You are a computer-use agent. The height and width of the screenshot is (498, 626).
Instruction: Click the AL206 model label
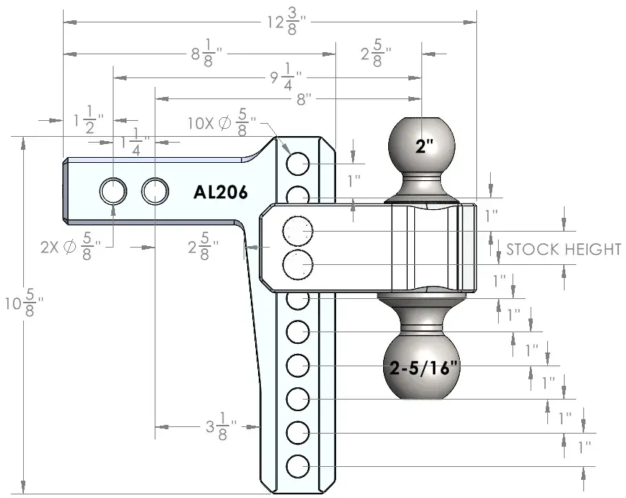[220, 193]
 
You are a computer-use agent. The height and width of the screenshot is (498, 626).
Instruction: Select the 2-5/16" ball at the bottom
[421, 366]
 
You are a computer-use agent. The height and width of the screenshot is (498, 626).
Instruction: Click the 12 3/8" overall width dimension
[286, 22]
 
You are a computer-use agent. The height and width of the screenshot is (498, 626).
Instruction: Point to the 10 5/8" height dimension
[24, 303]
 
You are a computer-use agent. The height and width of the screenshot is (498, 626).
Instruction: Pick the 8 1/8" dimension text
[207, 53]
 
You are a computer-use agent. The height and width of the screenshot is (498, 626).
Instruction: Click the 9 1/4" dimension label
[286, 77]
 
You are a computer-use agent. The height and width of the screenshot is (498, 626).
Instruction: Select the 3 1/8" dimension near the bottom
[221, 427]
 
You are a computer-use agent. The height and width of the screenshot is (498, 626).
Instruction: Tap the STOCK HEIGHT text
[564, 250]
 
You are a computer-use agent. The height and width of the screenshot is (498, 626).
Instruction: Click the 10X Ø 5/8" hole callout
[222, 122]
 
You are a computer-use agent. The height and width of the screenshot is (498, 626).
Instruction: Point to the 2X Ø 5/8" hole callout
[71, 247]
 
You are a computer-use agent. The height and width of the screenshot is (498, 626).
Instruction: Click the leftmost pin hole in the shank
[113, 191]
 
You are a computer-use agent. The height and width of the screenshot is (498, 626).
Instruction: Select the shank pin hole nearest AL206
[155, 191]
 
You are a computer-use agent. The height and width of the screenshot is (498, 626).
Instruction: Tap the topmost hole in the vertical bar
[298, 164]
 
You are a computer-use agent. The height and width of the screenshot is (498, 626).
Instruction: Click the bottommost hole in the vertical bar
[298, 466]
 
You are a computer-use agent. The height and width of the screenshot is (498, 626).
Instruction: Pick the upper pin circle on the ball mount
[298, 231]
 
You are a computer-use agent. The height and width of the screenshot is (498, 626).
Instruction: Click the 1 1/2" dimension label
[89, 119]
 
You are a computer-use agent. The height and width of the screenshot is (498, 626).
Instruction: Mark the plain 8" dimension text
[304, 98]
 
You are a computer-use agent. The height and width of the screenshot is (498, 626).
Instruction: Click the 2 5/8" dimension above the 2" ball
[376, 53]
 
